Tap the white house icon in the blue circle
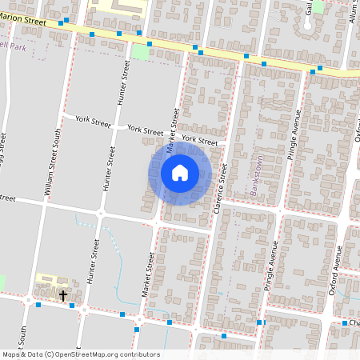pos(180,173)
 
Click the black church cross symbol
pos(63,295)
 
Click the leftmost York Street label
pos(92,121)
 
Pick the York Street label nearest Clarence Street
pos(199,140)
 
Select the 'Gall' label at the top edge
pos(309,8)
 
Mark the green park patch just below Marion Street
pos(141,52)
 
